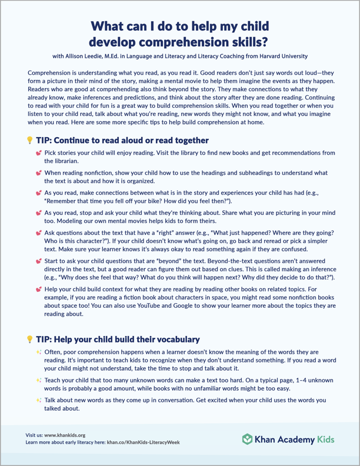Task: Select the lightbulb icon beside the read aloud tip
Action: click(29, 141)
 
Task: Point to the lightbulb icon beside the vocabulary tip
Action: click(29, 339)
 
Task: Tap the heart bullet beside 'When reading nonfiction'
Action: click(38, 173)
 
